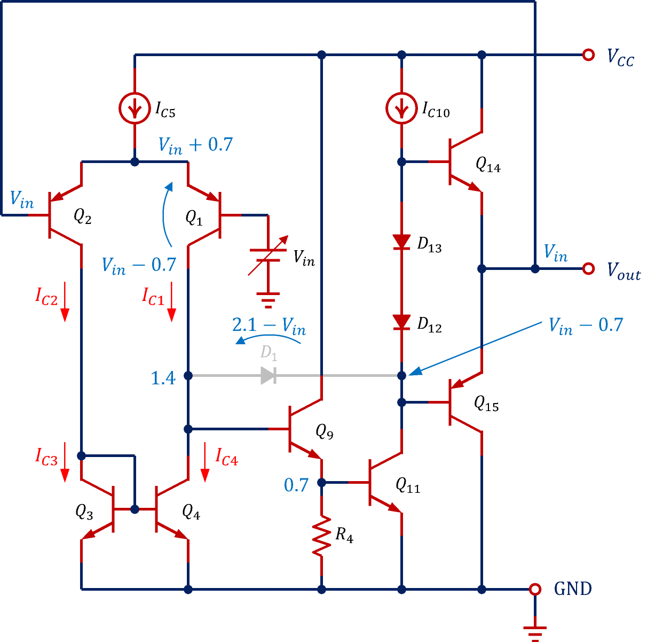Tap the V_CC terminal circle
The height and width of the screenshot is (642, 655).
588,55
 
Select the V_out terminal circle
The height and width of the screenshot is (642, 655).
588,269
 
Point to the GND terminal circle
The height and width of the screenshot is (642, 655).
534,589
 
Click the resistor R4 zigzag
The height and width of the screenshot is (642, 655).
321,536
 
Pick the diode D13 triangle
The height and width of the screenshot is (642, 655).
401,242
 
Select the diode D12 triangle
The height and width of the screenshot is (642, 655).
401,322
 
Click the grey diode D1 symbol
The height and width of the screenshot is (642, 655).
268,375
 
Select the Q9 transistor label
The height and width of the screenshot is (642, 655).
325,431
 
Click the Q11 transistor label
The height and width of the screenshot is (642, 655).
408,485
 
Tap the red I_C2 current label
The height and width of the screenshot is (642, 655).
46,296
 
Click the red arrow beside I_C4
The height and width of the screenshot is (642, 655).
204,462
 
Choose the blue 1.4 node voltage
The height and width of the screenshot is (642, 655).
163,378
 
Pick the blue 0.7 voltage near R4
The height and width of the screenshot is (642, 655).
296,485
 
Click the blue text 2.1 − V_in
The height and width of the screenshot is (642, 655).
269,326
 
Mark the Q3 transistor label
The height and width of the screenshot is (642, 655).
84,512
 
